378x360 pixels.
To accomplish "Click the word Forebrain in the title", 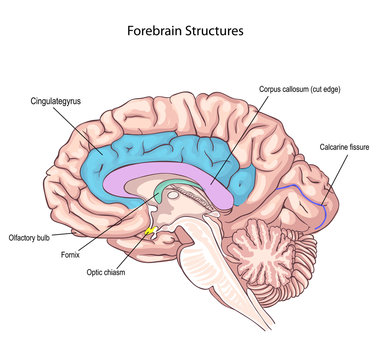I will (x=155, y=31).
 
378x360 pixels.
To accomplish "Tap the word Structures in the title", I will (x=215, y=31).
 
